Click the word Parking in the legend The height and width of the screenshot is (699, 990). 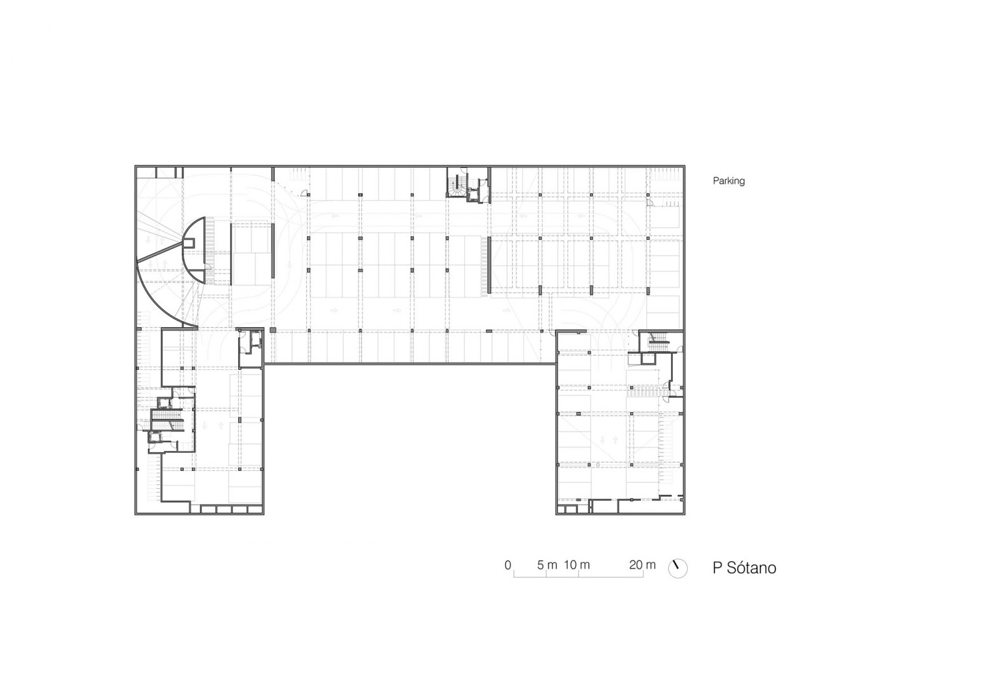point(728,180)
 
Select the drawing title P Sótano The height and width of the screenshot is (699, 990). point(744,567)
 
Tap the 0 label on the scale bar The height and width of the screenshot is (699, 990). point(508,565)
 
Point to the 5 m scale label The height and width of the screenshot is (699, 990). point(547,565)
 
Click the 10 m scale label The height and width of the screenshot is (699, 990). point(577,565)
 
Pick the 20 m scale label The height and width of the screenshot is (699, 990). point(642,565)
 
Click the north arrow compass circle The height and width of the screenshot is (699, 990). point(677,569)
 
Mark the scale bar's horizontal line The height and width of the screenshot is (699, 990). point(578,576)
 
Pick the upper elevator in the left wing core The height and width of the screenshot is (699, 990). point(165,402)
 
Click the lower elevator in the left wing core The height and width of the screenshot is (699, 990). point(156,437)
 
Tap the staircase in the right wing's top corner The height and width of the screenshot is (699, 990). point(657,340)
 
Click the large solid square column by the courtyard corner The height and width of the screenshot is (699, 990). point(273,330)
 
